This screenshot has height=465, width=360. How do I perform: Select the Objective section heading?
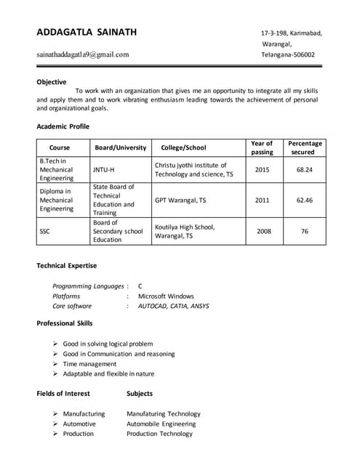[x=52, y=82]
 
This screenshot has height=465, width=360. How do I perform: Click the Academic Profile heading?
[x=63, y=126]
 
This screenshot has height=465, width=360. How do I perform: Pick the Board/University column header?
[x=120, y=147]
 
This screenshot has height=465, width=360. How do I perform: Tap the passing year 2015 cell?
[x=262, y=169]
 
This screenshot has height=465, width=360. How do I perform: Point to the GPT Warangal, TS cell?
[x=180, y=200]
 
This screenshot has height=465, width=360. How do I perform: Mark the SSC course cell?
[x=45, y=231]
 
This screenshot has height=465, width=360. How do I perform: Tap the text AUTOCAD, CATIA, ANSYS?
[x=173, y=306]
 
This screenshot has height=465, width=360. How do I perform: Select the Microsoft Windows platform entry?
[x=166, y=296]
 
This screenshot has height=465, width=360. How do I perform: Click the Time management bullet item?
[x=89, y=364]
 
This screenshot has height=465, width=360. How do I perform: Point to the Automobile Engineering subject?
[x=161, y=424]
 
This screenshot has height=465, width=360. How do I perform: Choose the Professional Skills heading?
[x=65, y=323]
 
